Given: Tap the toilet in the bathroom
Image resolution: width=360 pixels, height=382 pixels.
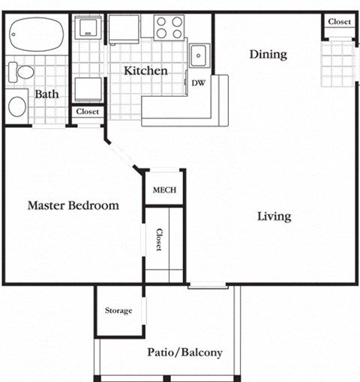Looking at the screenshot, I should pos(21,73).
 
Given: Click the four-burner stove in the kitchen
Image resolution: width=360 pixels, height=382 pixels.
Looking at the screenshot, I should pos(169,28).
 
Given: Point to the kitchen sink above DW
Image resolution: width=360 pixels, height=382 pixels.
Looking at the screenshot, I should pos(199,56).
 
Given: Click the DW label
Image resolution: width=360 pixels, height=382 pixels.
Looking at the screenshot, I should pos(199,82).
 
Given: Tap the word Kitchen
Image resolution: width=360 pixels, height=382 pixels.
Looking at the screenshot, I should pos(145,71).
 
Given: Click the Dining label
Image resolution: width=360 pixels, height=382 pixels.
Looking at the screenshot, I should pos(268,54).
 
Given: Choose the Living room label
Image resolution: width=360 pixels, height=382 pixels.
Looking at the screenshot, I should pos(274,216).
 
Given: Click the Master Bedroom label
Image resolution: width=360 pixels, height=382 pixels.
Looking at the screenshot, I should pos(73,205).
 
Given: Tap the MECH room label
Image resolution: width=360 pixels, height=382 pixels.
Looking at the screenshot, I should pos(164,190).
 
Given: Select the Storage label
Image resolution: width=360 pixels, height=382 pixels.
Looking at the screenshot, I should pos(118,310).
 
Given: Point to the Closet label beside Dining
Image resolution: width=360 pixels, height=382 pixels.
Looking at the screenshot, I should pos(339,22).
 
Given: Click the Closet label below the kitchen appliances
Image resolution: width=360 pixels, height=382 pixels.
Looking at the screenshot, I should pos(88,112).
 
